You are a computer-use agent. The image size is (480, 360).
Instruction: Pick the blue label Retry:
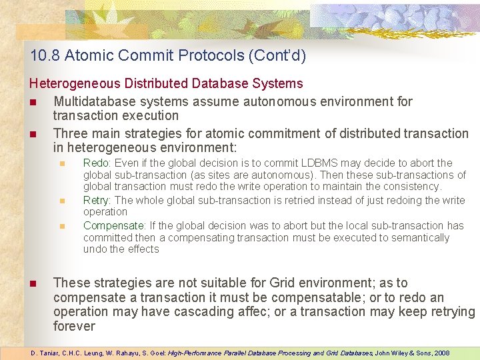97,200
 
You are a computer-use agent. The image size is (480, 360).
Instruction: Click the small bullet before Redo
62,163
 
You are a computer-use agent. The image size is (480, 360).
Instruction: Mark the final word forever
74,327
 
